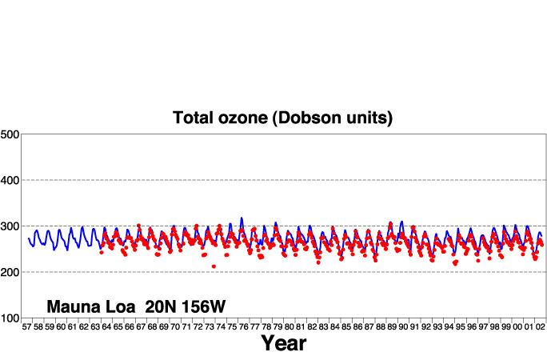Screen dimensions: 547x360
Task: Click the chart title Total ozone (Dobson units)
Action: (282, 118)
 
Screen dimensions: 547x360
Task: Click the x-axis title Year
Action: (284, 343)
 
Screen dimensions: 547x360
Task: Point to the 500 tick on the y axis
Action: (10, 134)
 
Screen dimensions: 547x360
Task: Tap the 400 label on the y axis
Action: (10, 180)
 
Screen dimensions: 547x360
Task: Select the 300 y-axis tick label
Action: (10, 226)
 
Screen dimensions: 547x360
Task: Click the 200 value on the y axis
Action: (10, 272)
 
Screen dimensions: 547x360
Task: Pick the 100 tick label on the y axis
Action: (10, 318)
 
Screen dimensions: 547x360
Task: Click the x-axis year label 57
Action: (27, 327)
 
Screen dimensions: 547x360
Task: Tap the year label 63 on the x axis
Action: (95, 327)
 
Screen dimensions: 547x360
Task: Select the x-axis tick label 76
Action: (243, 327)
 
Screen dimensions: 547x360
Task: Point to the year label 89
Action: (392, 327)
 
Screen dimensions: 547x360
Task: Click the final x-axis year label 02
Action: (540, 327)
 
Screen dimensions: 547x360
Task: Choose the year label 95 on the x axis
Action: (460, 327)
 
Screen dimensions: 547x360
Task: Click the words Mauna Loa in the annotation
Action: (91, 306)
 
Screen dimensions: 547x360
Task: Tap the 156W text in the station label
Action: (203, 306)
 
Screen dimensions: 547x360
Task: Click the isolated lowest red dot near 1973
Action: (214, 266)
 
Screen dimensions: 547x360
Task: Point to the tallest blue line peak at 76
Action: (242, 218)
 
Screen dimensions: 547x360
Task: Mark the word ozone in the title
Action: (243, 118)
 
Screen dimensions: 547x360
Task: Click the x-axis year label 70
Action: (175, 327)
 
